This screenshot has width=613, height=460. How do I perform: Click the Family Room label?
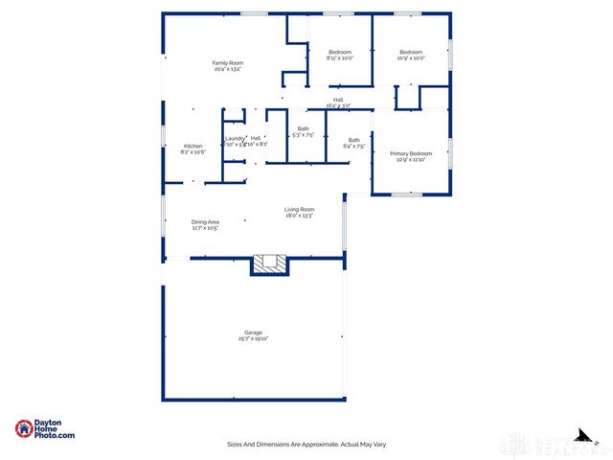[227, 63]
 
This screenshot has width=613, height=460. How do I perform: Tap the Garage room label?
[252, 333]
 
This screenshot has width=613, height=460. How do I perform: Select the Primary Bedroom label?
[411, 153]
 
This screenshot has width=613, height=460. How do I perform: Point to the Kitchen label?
[193, 146]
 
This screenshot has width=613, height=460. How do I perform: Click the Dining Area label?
[205, 222]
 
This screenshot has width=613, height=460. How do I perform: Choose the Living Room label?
[299, 210]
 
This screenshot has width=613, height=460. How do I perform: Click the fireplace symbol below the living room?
[269, 264]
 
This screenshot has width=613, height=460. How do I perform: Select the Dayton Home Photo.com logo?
[45, 429]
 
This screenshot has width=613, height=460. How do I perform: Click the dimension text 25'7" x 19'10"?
[252, 339]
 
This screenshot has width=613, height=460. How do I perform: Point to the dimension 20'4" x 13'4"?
[227, 70]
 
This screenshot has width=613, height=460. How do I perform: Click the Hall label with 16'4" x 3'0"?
[339, 100]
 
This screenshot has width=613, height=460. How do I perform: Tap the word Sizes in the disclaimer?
[235, 444]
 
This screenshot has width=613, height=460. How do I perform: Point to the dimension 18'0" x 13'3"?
[299, 217]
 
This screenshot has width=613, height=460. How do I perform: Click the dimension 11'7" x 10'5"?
[205, 229]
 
